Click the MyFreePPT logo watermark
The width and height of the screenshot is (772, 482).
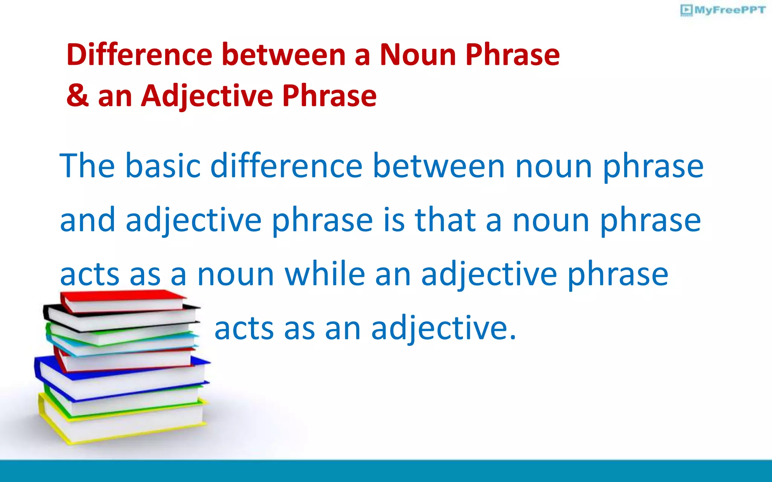pos(723,10)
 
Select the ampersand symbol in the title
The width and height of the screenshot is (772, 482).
pos(78,96)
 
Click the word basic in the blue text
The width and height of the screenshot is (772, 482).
pos(162,166)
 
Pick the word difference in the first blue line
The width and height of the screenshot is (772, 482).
pos(286,166)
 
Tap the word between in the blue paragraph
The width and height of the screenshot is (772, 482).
pos(438,166)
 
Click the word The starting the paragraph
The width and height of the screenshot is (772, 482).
pos(87,166)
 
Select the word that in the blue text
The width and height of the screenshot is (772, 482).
pos(445,220)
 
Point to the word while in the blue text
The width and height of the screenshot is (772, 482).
pos(325,274)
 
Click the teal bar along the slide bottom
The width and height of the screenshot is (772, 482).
pos(386,471)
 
